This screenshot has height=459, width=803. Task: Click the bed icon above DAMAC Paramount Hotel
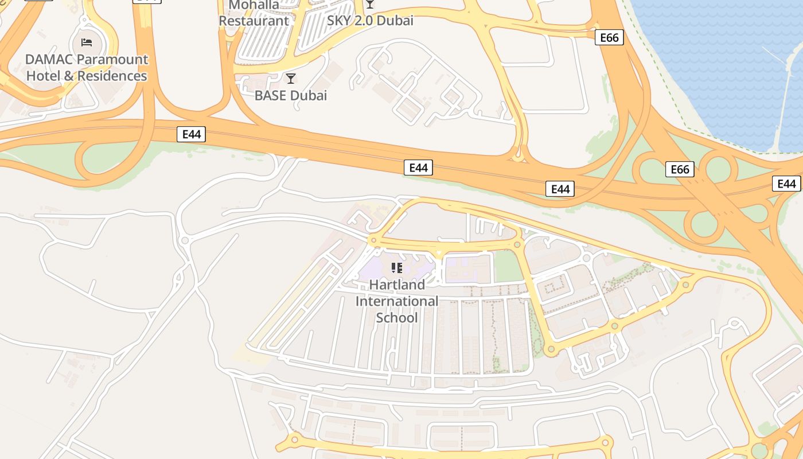(x=87, y=42)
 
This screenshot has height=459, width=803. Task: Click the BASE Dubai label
(x=291, y=95)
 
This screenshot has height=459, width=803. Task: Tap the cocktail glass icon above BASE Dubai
(x=291, y=79)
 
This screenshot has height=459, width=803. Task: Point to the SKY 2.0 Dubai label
(x=370, y=21)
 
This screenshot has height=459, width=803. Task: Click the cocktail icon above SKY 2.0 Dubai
(x=370, y=5)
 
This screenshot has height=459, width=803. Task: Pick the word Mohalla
(x=254, y=6)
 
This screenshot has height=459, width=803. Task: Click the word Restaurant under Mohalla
(x=254, y=21)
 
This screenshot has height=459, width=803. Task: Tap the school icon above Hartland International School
(x=396, y=268)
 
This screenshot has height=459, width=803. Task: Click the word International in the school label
(x=397, y=301)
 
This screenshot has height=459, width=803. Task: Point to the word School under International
(x=397, y=317)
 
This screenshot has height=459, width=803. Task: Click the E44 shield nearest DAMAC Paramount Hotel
(x=191, y=134)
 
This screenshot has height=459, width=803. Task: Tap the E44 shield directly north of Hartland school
(x=418, y=168)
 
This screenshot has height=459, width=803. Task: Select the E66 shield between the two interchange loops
(x=680, y=169)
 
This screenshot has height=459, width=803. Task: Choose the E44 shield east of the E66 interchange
(x=786, y=184)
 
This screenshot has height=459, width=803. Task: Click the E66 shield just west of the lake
(x=609, y=38)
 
